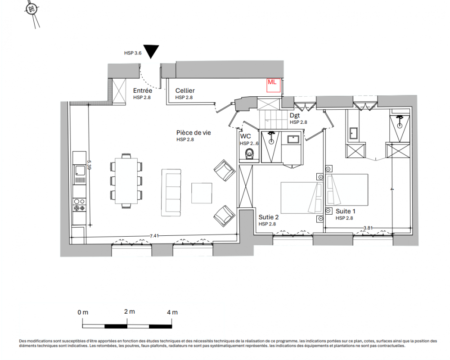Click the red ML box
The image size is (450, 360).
point(273,85)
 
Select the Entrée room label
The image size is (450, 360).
point(143,90)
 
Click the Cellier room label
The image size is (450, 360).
point(185,90)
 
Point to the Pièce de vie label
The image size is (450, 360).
point(193,133)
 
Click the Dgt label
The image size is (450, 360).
point(295,115)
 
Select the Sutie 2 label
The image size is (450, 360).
point(269,217)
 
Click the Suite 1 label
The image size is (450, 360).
point(346,211)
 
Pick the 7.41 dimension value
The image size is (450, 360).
point(154,236)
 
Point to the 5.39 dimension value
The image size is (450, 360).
point(89,165)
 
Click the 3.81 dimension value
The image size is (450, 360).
point(368,228)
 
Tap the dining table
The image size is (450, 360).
point(126,180)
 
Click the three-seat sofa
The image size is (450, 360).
point(171,192)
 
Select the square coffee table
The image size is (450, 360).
point(202,193)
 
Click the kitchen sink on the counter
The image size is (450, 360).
point(80,171)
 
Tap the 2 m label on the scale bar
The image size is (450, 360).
point(130,311)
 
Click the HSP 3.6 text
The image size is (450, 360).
point(133,53)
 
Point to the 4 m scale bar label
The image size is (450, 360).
point(172,312)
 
